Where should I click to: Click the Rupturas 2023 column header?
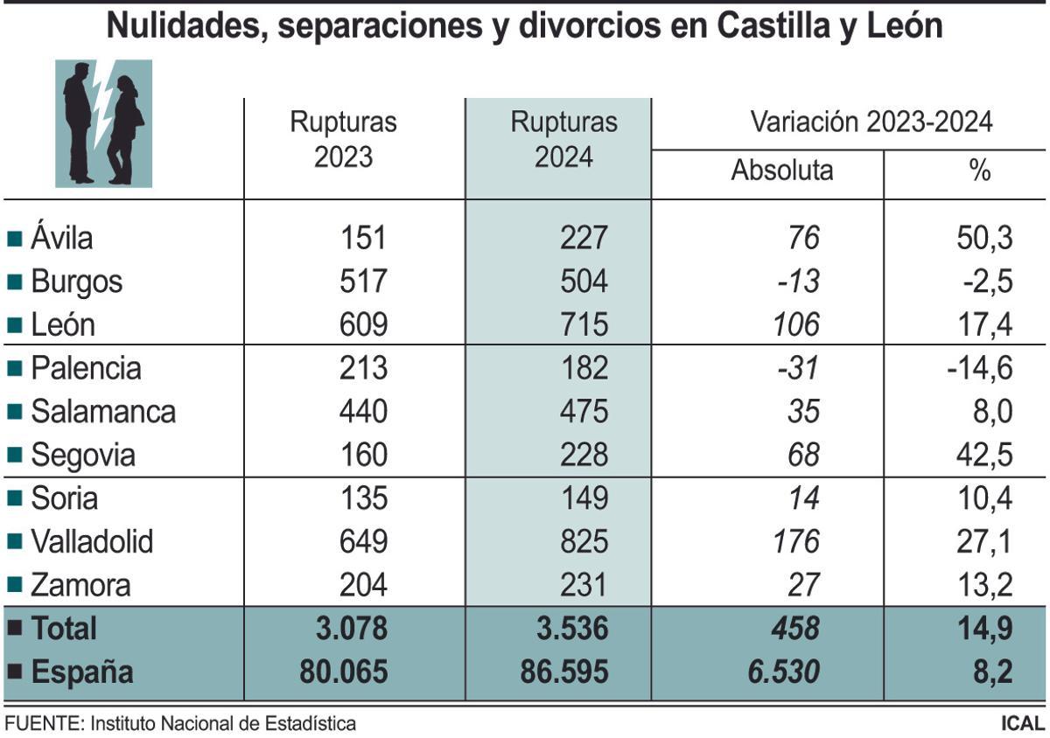tap(343, 139)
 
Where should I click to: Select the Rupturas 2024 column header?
tap(563, 139)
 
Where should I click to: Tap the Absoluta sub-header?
tap(781, 170)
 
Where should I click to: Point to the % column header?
tap(979, 170)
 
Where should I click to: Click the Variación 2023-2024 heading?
tap(871, 122)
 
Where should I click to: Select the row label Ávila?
tap(61, 238)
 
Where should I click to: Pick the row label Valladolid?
tap(91, 542)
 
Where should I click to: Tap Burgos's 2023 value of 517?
tap(362, 282)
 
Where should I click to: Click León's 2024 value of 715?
tap(584, 325)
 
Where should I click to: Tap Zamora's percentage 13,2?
tap(983, 585)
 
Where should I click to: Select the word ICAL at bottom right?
tap(1022, 724)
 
